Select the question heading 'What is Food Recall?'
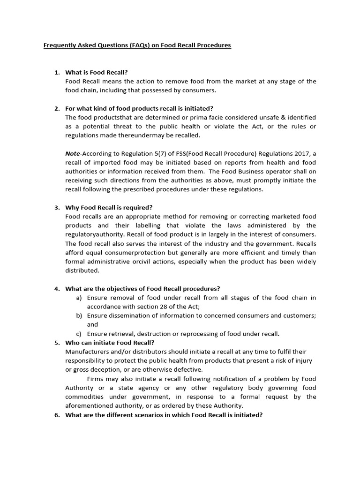(96, 72)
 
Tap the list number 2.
(57, 108)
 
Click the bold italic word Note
(73, 153)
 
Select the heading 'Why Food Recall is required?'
(109, 208)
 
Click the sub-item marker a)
(79, 298)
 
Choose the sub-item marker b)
(79, 315)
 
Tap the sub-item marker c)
(79, 334)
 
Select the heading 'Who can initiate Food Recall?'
(110, 343)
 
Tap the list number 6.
(57, 415)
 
